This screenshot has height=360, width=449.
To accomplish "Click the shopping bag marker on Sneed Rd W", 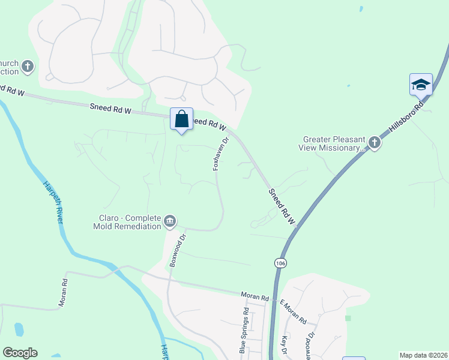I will click(181, 119).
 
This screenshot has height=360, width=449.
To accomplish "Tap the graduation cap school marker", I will click(421, 85).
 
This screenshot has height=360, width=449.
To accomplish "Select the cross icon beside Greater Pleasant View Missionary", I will click(375, 143).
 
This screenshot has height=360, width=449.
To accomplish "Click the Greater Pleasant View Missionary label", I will click(334, 143).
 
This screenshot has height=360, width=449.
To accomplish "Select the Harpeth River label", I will click(53, 203).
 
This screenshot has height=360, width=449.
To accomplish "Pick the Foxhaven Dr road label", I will click(220, 154).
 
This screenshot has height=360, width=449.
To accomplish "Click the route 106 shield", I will click(279, 263).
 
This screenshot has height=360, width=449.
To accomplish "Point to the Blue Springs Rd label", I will click(243, 330).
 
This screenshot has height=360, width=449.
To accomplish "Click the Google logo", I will click(20, 353).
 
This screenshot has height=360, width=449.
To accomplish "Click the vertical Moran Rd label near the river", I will click(62, 292).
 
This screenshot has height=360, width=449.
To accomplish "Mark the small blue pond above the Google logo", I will click(19, 329).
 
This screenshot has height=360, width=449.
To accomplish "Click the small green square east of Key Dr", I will click(348, 317).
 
